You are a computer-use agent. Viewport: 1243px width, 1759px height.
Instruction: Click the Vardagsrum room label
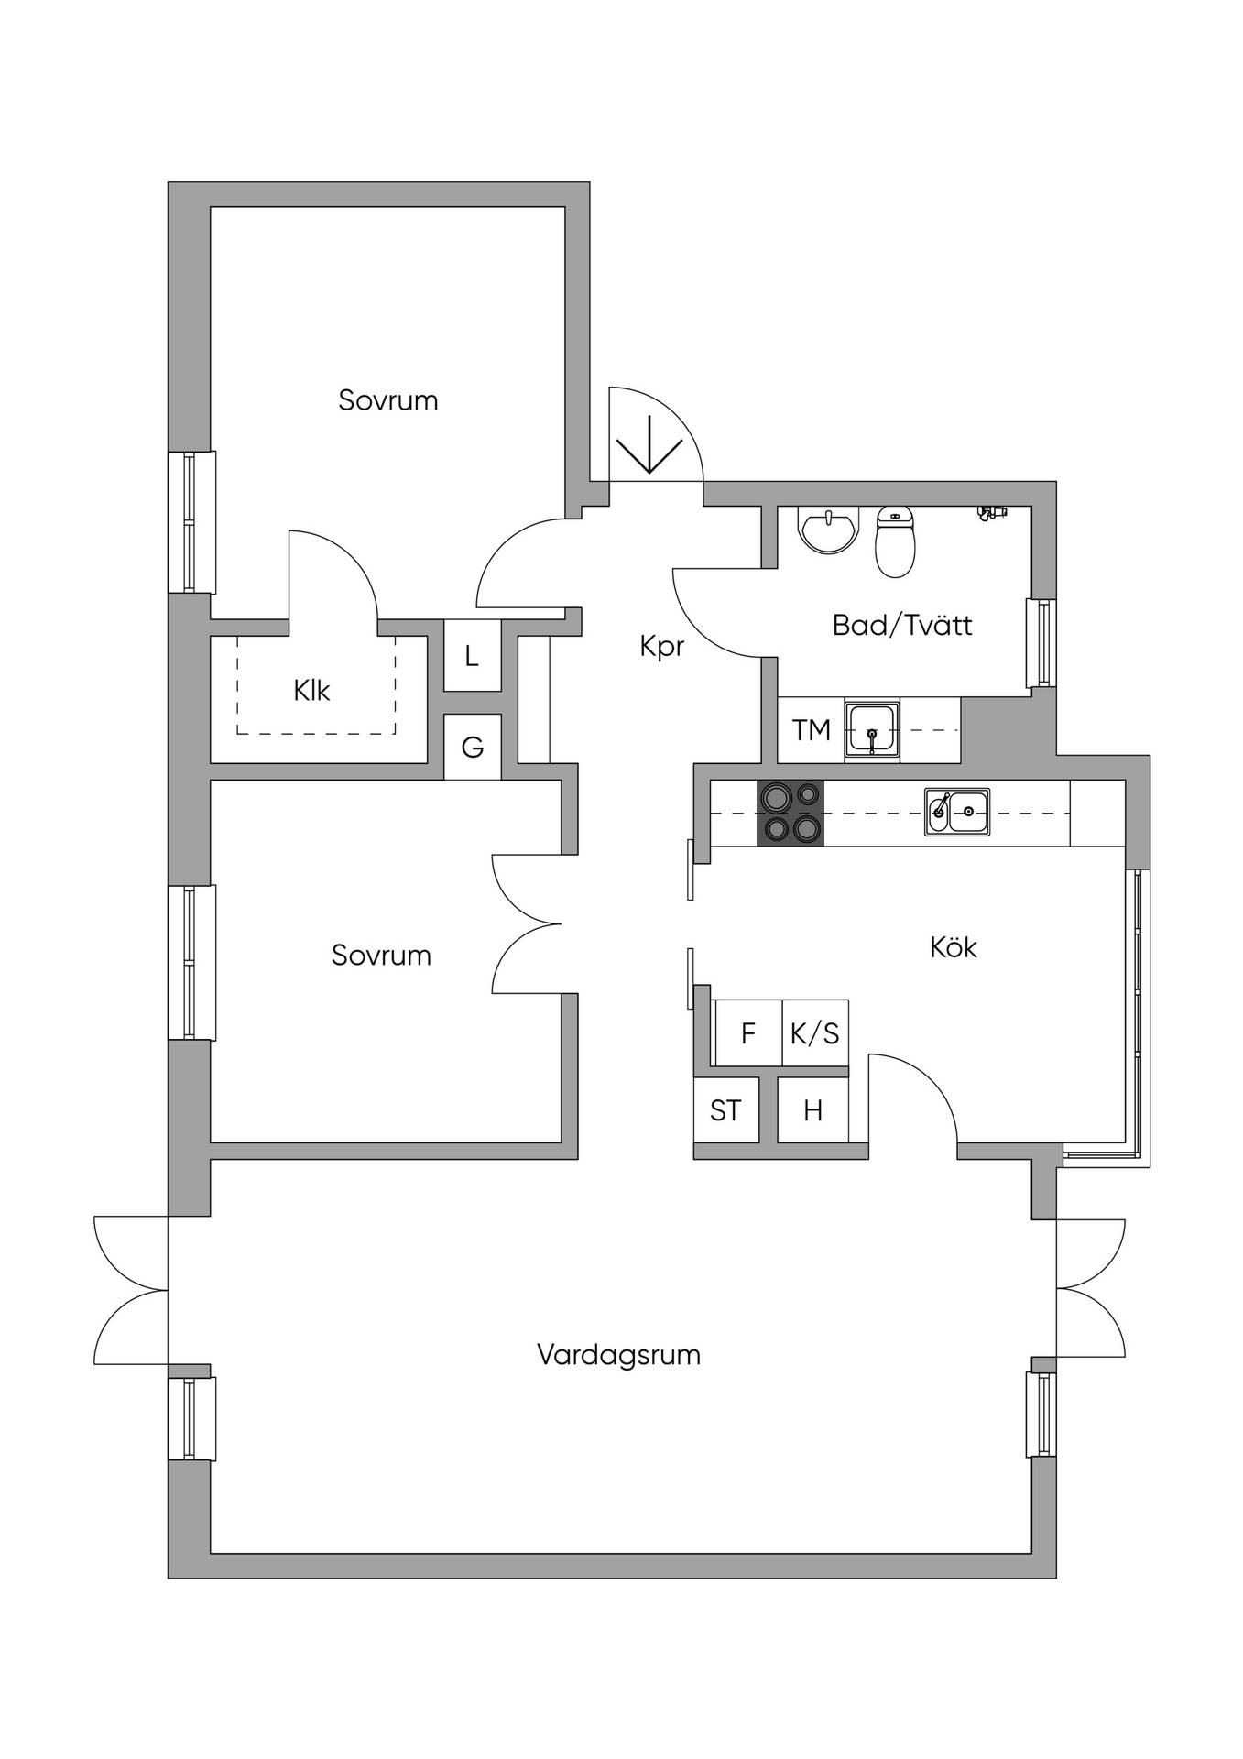[x=618, y=1355]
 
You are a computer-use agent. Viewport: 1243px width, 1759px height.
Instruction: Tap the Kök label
[x=954, y=946]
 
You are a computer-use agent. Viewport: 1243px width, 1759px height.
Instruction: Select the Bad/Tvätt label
[x=902, y=626]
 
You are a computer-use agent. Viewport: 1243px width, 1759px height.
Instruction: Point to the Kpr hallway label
[x=662, y=648]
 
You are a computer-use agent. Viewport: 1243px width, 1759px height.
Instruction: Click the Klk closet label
[x=312, y=690]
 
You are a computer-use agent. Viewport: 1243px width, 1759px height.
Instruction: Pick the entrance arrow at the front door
[x=649, y=444]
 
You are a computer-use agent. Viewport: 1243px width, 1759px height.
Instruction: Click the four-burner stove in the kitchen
[x=791, y=812]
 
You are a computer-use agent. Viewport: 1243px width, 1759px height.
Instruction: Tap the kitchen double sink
[x=957, y=812]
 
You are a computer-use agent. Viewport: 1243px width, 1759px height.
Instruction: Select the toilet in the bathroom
[x=896, y=542]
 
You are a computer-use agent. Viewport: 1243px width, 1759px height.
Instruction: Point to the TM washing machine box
[x=812, y=730]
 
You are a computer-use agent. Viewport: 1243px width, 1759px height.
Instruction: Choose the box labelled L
[x=473, y=656]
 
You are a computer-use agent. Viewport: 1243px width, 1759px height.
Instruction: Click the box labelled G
[x=473, y=748]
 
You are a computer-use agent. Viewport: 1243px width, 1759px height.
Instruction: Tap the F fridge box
[x=748, y=1033]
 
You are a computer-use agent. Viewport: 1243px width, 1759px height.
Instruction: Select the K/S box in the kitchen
[x=815, y=1033]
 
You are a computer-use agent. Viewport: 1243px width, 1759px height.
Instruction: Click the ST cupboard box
[x=726, y=1110]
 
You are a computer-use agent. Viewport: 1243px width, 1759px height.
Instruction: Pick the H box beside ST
[x=812, y=1110]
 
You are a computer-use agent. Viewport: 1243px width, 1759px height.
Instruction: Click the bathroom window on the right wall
[x=1041, y=643]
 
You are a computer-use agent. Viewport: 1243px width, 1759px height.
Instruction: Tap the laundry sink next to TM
[x=872, y=730]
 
